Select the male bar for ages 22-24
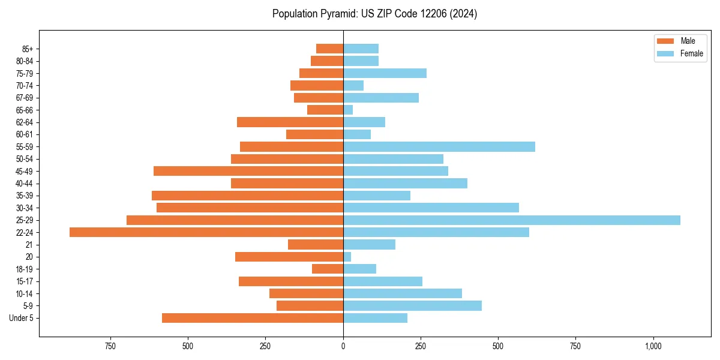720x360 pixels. (206, 232)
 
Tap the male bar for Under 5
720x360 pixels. (253, 318)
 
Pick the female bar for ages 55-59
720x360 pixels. (439, 147)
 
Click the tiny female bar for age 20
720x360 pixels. (347, 257)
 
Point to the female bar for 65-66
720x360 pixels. (348, 110)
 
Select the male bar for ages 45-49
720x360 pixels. (248, 171)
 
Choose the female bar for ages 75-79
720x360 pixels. (385, 73)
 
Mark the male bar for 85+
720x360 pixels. (329, 49)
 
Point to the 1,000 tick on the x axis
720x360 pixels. (653, 346)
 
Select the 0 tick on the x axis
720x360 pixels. (343, 346)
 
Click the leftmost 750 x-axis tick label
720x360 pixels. (110, 346)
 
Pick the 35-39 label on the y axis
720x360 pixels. (25, 196)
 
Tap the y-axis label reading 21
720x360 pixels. (29, 245)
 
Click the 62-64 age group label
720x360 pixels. (25, 122)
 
